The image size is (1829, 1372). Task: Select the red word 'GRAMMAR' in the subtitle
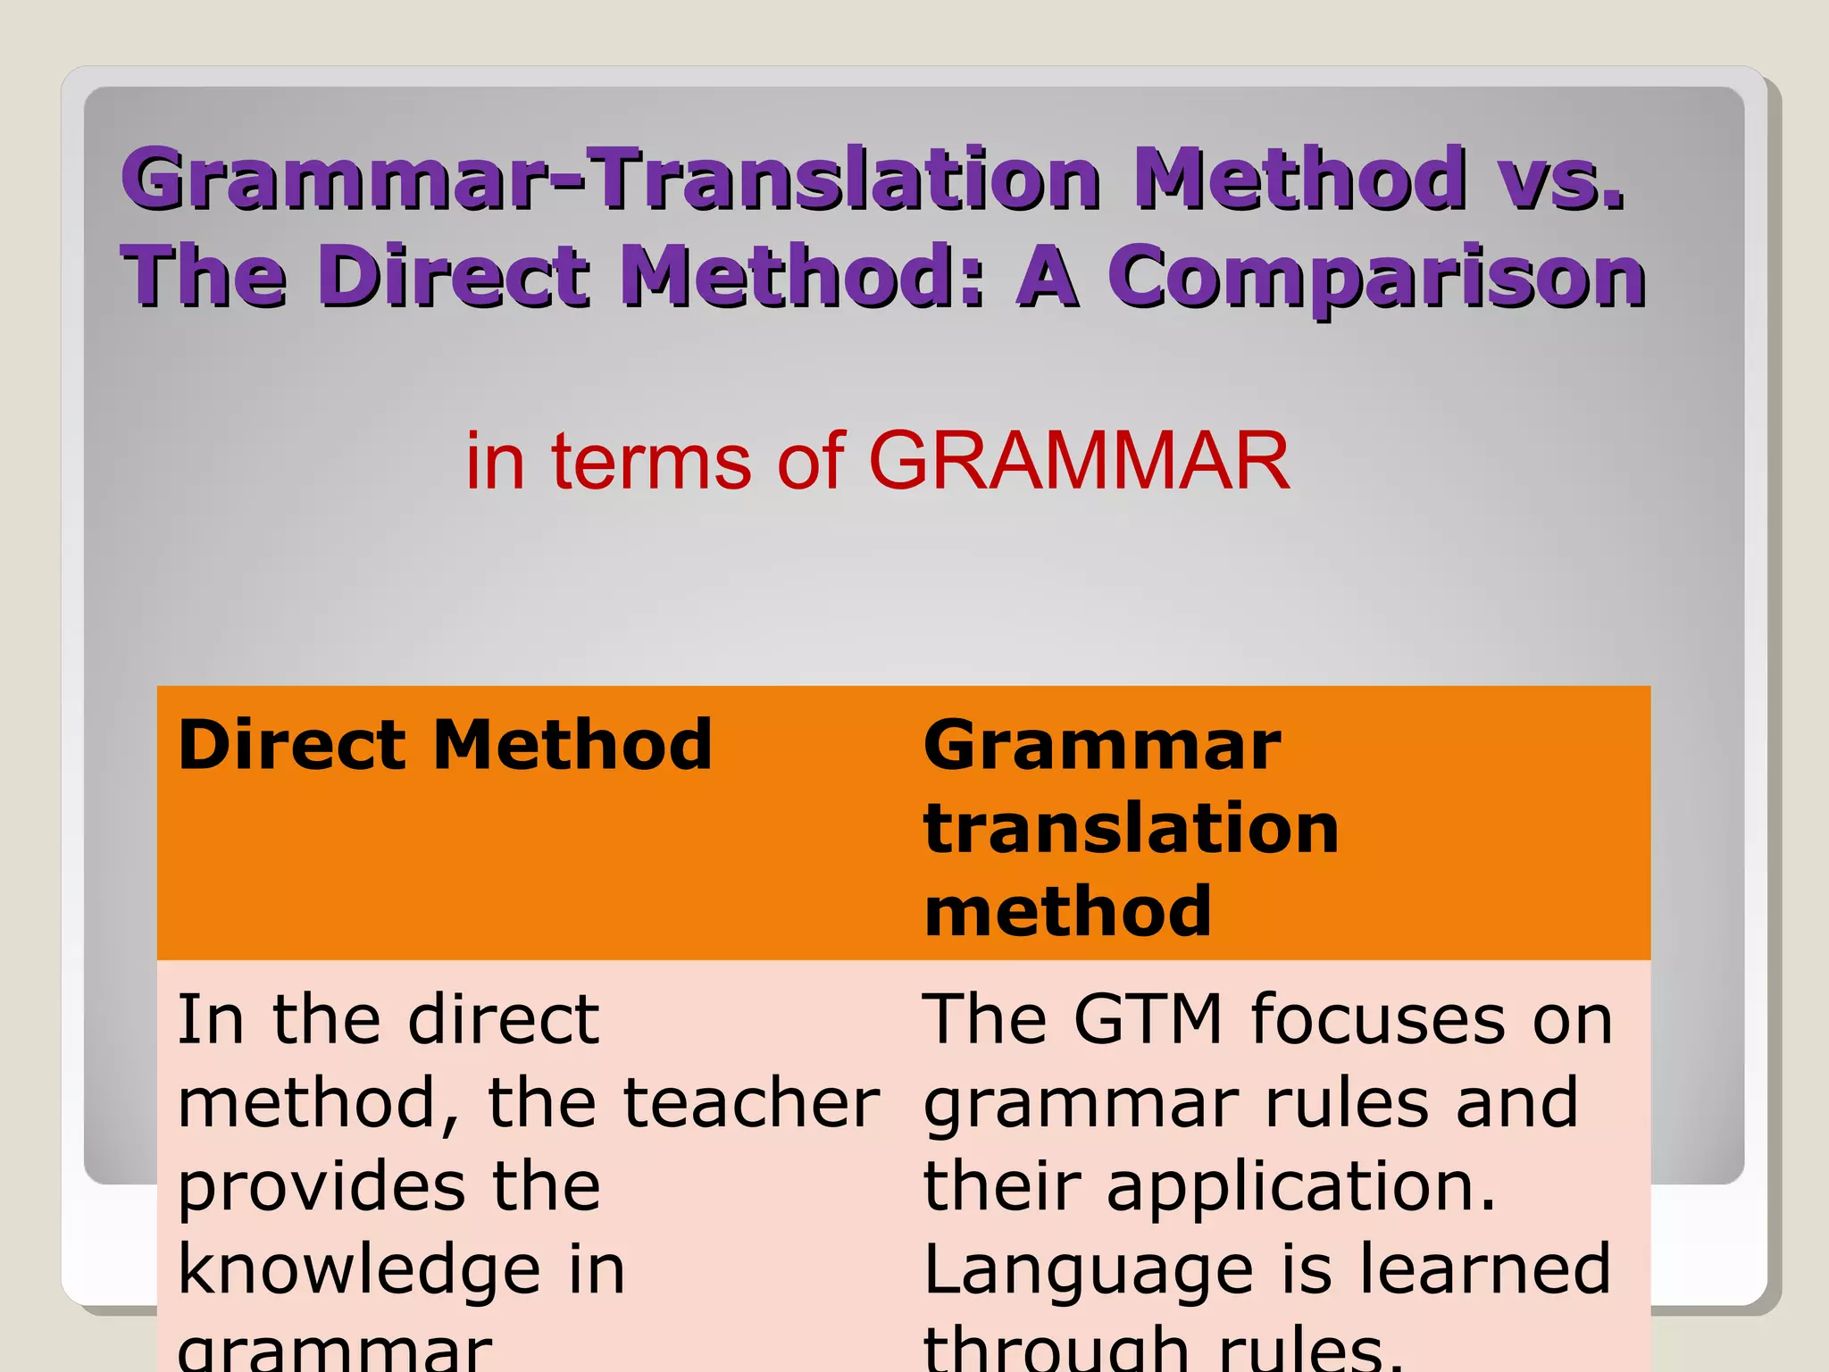click(x=1079, y=461)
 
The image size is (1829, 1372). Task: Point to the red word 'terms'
click(x=651, y=461)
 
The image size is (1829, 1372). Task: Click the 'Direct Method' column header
click(x=445, y=745)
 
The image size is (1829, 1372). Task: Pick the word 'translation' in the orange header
click(x=1131, y=828)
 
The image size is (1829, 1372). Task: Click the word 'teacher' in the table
click(x=751, y=1103)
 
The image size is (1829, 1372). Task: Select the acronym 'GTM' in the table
click(x=1147, y=1019)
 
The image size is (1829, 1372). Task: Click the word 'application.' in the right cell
click(x=1300, y=1188)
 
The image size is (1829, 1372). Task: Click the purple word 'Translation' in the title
click(x=848, y=179)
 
